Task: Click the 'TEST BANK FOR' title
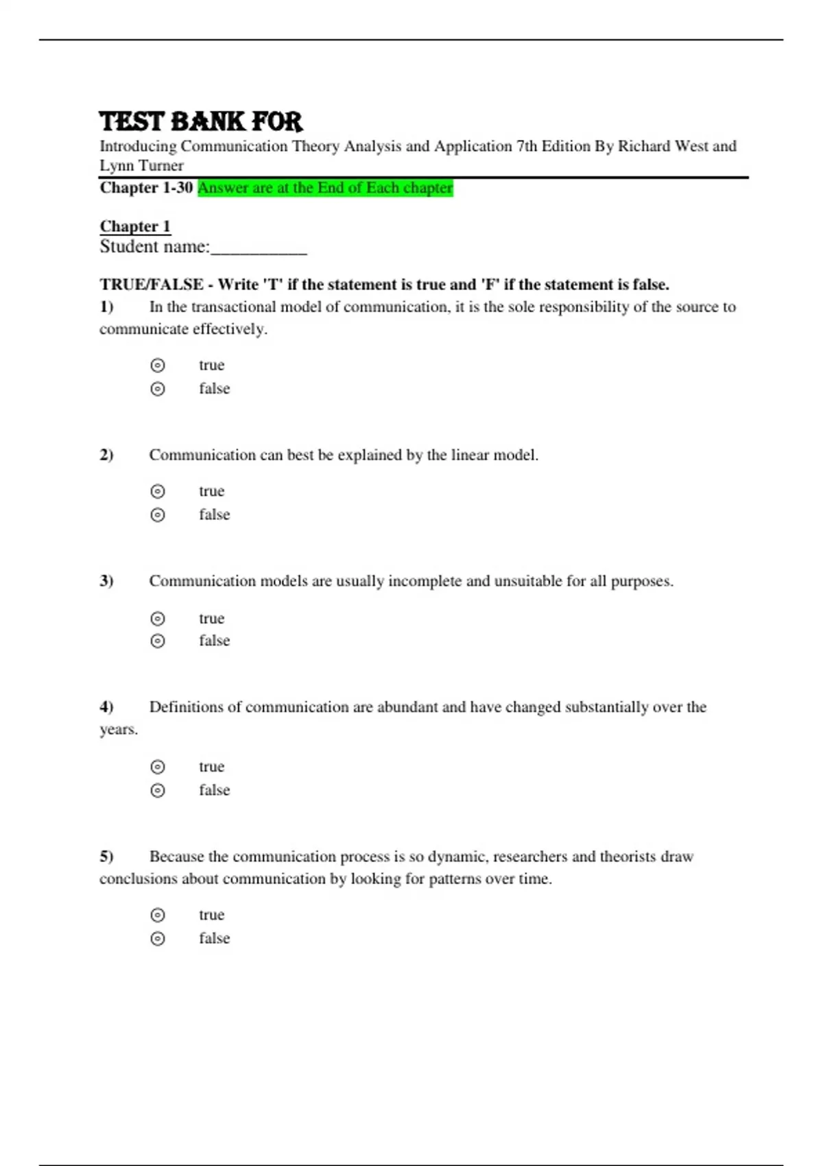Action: click(201, 121)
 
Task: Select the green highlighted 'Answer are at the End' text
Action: click(325, 188)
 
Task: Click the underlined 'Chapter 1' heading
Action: click(135, 226)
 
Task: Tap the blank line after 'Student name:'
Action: click(259, 248)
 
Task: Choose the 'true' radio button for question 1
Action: click(158, 366)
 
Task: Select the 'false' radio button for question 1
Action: click(158, 389)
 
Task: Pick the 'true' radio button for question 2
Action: click(158, 491)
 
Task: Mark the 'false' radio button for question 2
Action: click(158, 514)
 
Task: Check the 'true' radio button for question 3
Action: click(158, 618)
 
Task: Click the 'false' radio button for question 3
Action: click(158, 641)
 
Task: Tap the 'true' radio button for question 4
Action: click(158, 767)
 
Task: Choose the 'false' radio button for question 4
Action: click(158, 790)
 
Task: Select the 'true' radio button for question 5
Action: click(158, 915)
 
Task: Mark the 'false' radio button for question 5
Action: click(158, 938)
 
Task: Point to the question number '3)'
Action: click(106, 581)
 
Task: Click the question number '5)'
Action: click(106, 857)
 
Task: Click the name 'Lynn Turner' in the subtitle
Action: click(141, 165)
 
